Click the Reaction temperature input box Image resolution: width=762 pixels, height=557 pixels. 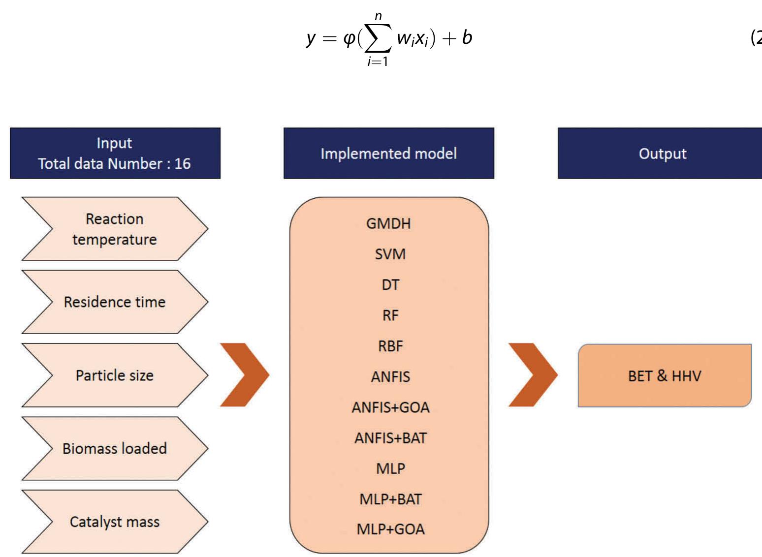coord(115,229)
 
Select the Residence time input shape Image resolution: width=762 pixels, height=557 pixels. coord(115,302)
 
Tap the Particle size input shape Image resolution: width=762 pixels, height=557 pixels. coord(115,375)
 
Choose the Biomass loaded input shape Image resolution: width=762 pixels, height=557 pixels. coord(115,448)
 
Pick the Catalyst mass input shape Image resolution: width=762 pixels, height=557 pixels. coord(115,522)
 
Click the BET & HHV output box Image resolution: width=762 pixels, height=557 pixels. coord(665,376)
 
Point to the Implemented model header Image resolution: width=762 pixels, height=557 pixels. coord(388,154)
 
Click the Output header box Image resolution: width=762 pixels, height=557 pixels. coord(662,154)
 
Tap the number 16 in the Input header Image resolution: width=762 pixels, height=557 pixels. coord(183,163)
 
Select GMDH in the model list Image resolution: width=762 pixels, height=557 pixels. coord(388,223)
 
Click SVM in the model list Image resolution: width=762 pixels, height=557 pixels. coord(390,254)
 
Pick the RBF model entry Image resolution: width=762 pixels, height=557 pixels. coord(390,346)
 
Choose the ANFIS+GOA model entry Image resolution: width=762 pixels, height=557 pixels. coord(390,407)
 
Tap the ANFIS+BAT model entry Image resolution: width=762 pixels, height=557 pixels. coord(390,438)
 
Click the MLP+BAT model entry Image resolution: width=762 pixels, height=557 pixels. coord(390,499)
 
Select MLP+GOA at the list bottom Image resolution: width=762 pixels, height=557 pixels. coord(390,529)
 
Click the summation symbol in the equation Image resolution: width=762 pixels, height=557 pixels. coord(378,38)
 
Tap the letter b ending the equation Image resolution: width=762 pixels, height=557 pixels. coord(467,37)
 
